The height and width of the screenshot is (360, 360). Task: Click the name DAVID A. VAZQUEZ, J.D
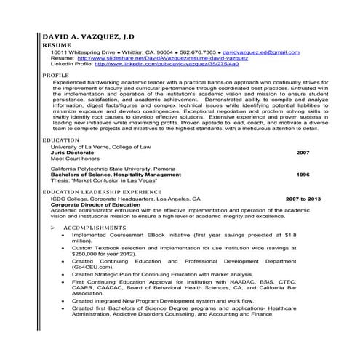87,36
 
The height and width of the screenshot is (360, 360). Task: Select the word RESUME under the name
57,45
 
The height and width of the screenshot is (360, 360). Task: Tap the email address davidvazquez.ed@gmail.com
260,52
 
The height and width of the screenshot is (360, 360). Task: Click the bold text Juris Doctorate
73,153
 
